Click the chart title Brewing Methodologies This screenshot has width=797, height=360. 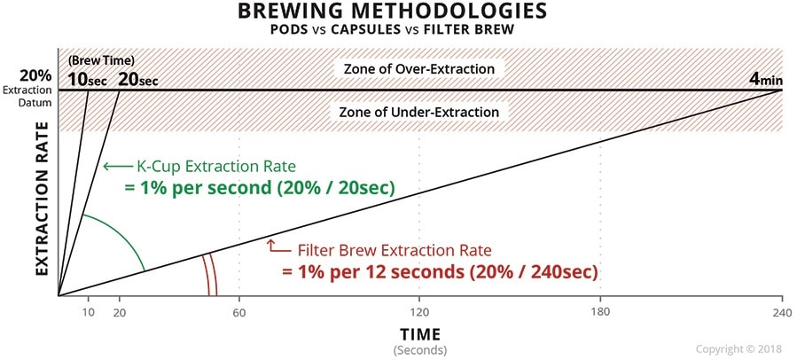coord(393,12)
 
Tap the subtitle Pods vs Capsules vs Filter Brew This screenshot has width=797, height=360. coord(392,30)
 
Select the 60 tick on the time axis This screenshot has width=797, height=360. coord(239,312)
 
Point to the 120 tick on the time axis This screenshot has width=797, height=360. coord(419,312)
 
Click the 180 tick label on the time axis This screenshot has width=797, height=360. coord(601,312)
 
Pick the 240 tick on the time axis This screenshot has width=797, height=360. coord(782,312)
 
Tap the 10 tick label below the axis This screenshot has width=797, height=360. coord(89,312)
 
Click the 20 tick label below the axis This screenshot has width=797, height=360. coord(119,312)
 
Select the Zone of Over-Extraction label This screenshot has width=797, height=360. coord(418,68)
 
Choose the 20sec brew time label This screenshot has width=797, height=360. coord(137,80)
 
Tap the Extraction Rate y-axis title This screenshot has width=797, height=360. coord(43,200)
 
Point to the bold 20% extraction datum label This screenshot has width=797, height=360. coord(35,75)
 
